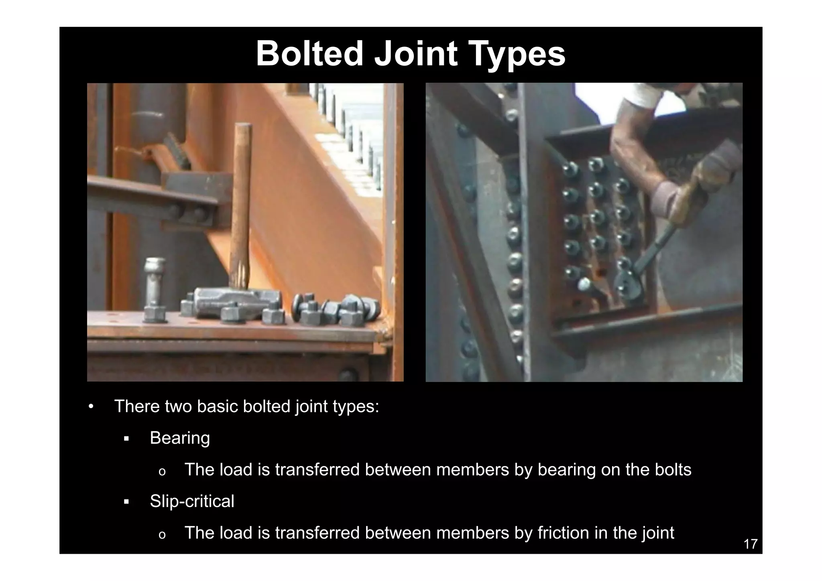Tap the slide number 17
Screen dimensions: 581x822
[x=750, y=544]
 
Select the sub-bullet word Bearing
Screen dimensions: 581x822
[x=180, y=438]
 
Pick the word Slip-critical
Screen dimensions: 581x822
[x=192, y=501]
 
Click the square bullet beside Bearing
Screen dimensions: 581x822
[x=126, y=439]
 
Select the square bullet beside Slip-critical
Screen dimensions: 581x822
[x=126, y=502]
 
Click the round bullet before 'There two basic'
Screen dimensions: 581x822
[x=91, y=407]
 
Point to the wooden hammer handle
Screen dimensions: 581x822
[x=241, y=201]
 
